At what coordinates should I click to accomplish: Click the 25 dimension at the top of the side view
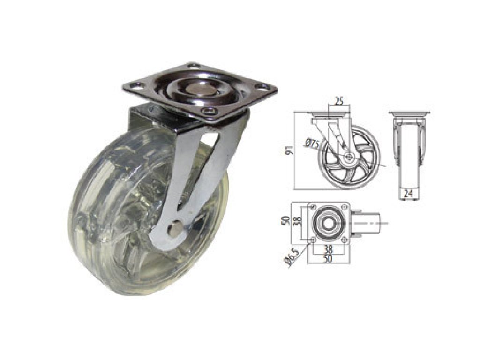click(x=338, y=101)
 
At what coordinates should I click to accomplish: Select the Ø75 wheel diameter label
click(x=313, y=143)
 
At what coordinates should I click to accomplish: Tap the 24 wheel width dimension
click(x=408, y=194)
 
